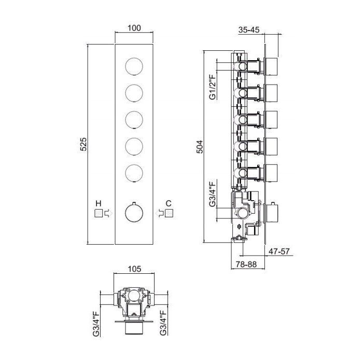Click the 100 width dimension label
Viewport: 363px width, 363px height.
pos(134,28)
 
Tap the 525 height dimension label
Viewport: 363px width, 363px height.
pos(83,144)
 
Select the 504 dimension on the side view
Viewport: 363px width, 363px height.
pos(199,147)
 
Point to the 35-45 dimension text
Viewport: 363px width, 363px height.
pos(249,30)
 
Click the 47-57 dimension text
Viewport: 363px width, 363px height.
pos(279,251)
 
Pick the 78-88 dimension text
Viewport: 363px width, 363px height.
pos(246,264)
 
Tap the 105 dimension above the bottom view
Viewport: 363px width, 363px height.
pos(134,269)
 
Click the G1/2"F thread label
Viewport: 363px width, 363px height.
pos(212,86)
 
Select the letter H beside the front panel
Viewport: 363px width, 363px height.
pos(99,203)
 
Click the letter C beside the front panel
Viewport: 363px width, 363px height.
pos(169,203)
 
